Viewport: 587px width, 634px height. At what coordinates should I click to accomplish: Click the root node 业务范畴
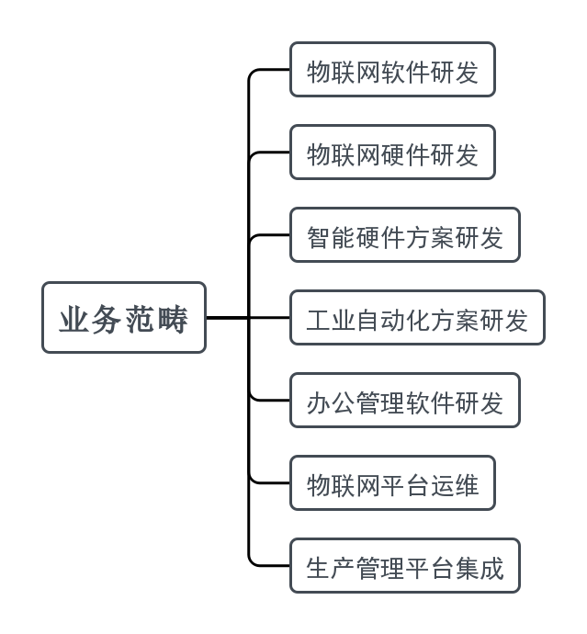123,318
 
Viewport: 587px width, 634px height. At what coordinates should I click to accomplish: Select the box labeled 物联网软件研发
392,70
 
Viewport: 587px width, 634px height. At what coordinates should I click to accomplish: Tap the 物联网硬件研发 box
392,153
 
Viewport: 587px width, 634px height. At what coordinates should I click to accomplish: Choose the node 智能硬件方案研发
404,235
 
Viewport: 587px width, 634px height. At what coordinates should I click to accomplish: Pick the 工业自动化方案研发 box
417,318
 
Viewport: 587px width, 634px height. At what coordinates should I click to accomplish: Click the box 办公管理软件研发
404,401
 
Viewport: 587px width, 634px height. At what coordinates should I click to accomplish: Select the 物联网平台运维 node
392,483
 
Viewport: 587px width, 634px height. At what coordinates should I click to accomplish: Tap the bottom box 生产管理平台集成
404,566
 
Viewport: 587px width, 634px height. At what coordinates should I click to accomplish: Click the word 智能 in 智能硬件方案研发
331,236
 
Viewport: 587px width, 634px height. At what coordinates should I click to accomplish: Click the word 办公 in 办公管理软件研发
331,402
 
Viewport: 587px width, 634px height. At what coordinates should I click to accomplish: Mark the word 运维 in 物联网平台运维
455,484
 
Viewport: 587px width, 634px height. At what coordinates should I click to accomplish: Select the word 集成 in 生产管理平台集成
480,567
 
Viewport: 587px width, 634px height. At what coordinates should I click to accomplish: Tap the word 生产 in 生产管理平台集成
331,567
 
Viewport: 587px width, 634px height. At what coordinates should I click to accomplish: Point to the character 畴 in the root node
172,319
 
